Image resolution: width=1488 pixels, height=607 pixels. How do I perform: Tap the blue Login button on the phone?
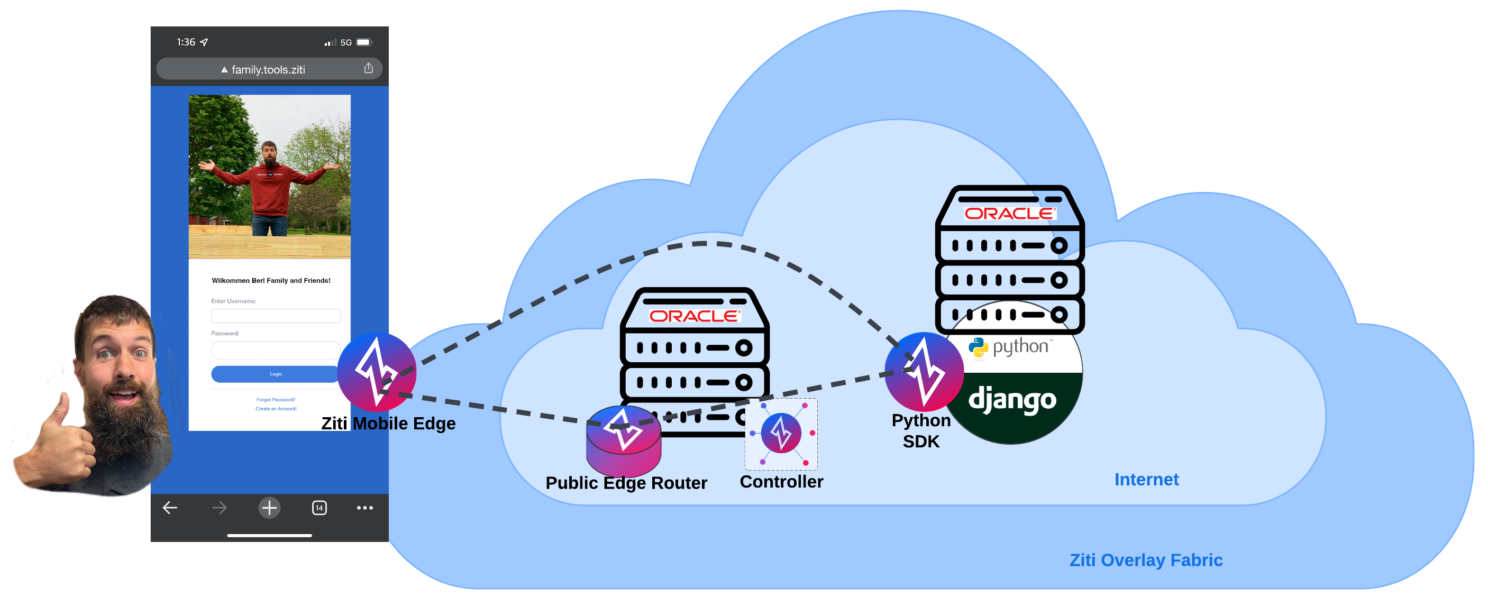(x=275, y=374)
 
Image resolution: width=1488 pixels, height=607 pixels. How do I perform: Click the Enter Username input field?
(x=276, y=315)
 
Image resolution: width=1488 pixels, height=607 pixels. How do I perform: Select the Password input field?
(x=276, y=350)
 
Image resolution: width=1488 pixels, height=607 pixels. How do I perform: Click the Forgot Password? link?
(x=276, y=400)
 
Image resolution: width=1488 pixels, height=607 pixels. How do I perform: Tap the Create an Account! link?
(x=276, y=409)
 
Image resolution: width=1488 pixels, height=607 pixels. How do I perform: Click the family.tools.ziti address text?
(x=268, y=70)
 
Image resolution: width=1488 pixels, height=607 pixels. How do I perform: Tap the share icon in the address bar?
(x=369, y=69)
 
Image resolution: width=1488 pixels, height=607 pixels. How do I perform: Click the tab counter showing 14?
(x=319, y=508)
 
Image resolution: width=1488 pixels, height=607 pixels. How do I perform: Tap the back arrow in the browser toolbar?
(x=170, y=508)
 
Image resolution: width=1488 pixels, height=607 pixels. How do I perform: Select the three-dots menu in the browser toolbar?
(x=364, y=508)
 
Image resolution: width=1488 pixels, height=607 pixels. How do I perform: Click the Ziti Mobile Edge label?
(x=388, y=424)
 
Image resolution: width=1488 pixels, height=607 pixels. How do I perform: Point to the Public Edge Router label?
(x=626, y=483)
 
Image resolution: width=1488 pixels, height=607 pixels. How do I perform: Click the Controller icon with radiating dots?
(x=781, y=433)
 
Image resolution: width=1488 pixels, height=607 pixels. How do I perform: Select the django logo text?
(x=1012, y=400)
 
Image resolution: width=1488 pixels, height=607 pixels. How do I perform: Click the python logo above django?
(x=1011, y=346)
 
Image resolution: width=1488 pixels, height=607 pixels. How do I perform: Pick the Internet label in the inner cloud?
(x=1146, y=480)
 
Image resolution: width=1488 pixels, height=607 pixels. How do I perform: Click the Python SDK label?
(x=921, y=431)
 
